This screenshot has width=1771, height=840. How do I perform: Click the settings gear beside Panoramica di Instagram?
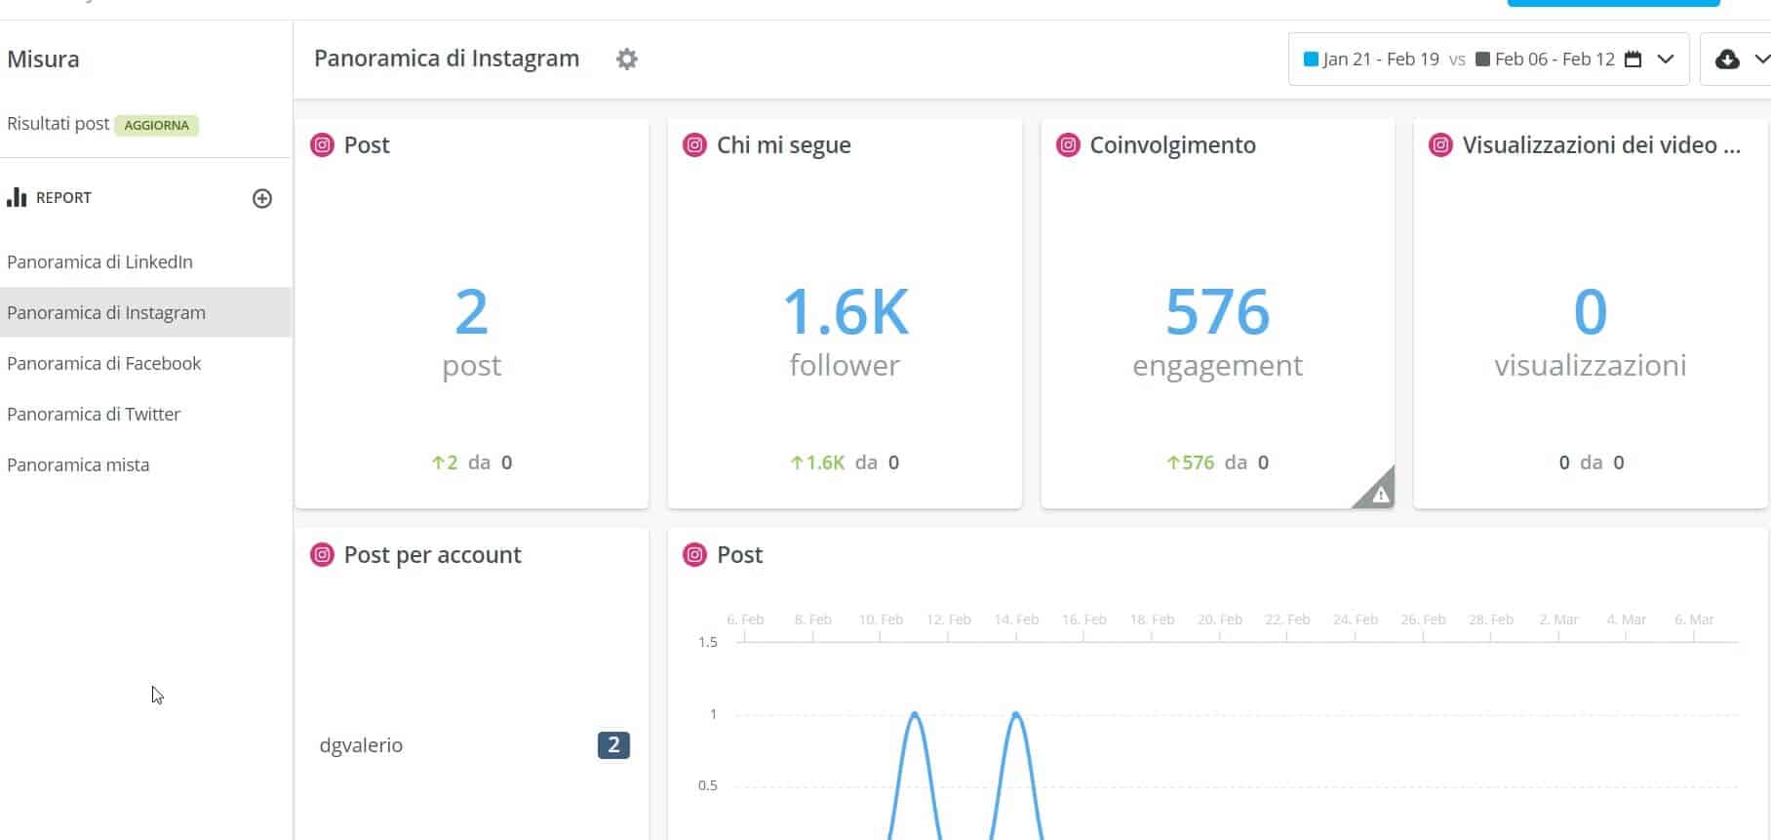pos(627,60)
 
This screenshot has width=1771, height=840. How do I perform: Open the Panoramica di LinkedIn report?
pos(99,261)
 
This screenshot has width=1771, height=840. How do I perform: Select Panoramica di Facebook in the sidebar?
pos(103,363)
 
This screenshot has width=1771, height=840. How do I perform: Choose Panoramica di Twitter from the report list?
pos(94,414)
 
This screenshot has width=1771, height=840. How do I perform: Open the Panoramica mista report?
pos(78,464)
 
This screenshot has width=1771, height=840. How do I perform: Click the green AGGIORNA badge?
pos(156,125)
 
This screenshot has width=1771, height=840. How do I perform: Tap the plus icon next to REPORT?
pos(262,198)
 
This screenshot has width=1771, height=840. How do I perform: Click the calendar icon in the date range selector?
pos(1633,60)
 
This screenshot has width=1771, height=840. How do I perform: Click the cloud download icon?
pos(1727,60)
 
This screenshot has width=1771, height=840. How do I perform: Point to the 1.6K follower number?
pos(845,312)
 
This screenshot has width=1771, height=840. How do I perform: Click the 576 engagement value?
pos(1217,312)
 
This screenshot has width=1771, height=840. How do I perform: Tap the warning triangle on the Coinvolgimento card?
pos(1379,494)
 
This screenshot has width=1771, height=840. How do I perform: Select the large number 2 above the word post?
pos(471,312)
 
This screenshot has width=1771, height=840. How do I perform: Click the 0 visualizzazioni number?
pos(1590,312)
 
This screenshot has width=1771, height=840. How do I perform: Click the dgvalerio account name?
pos(361,745)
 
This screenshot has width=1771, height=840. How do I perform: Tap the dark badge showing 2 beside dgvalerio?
pos(613,745)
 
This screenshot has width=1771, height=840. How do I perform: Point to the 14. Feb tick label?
pos(1016,620)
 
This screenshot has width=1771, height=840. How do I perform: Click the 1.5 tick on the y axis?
pos(708,642)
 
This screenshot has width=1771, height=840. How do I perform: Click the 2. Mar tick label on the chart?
pos(1558,620)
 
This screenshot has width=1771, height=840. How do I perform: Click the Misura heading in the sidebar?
pos(43,60)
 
